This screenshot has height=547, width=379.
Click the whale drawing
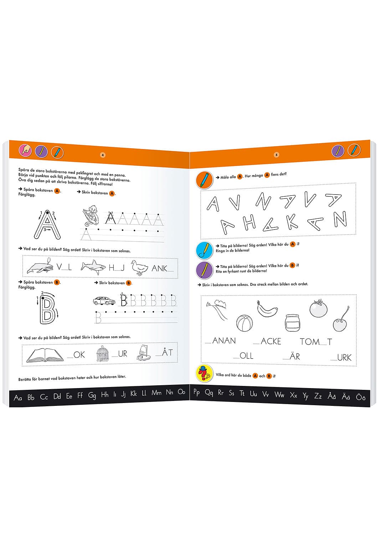pyautogui.click(x=40, y=267)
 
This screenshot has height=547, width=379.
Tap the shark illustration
pyautogui.click(x=93, y=267)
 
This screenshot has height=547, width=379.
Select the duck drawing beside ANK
pyautogui.click(x=139, y=268)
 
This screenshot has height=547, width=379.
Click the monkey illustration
pyautogui.click(x=91, y=215)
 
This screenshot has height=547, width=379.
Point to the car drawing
pyautogui.click(x=104, y=301)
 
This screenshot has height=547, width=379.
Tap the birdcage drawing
pyautogui.click(x=103, y=353)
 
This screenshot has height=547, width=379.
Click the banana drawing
pyautogui.click(x=267, y=309)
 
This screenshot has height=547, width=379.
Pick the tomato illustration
pyautogui.click(x=318, y=308)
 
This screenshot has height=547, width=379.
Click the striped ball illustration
pyautogui.click(x=244, y=323)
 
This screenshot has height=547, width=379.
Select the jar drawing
pyautogui.click(x=292, y=322)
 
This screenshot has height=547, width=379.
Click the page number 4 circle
pyautogui.click(x=103, y=155)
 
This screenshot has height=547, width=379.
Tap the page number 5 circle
pyautogui.click(x=276, y=155)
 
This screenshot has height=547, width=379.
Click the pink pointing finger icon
pyautogui.click(x=25, y=150)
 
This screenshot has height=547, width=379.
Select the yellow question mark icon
pyautogui.click(x=204, y=373)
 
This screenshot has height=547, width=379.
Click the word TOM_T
pyautogui.click(x=316, y=342)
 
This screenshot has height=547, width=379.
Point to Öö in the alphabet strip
pyautogui.click(x=360, y=397)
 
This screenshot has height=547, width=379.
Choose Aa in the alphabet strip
pyautogui.click(x=18, y=398)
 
